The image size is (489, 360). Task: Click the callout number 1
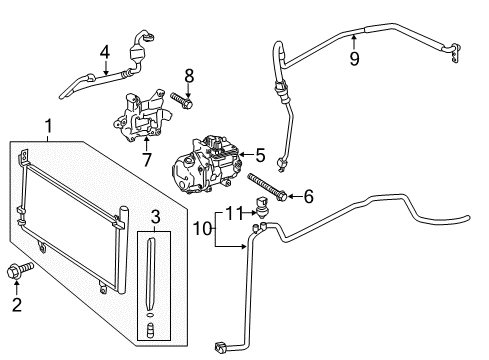49,126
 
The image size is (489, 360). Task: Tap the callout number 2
17,305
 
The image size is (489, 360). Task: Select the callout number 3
155,217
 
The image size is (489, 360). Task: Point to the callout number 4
105,52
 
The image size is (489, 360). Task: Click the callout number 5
260,155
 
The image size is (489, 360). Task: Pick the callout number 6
309,196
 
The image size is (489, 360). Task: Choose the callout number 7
147,159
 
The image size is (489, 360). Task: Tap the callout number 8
189,76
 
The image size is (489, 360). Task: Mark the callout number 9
354,59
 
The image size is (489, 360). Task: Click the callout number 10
203,229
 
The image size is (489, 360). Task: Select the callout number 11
235,213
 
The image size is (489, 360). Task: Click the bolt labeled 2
20,270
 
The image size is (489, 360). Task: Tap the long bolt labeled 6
267,187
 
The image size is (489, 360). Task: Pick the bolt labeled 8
182,101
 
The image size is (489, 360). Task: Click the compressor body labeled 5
207,165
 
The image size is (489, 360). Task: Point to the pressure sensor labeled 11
261,207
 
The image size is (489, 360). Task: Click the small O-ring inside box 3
150,314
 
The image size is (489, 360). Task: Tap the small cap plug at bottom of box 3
151,330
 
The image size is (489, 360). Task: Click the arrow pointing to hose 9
354,42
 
